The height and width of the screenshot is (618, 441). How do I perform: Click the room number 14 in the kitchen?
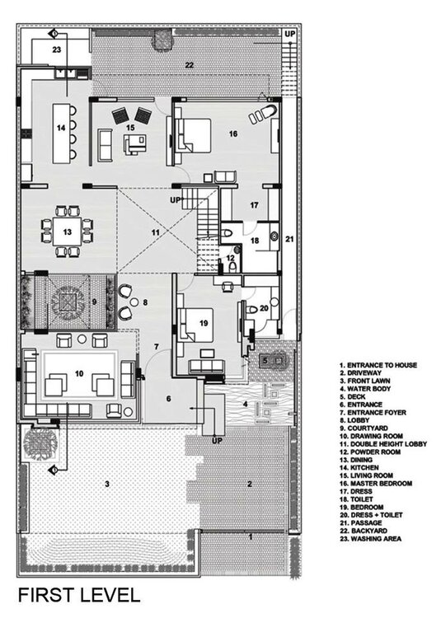pos(61,129)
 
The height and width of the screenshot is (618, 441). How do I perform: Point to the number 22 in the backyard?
pos(189,64)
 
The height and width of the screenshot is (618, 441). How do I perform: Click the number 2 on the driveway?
pos(249,484)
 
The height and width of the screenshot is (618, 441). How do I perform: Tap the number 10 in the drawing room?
pos(78,373)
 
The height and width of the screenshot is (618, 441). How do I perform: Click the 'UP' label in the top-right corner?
pos(289,34)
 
